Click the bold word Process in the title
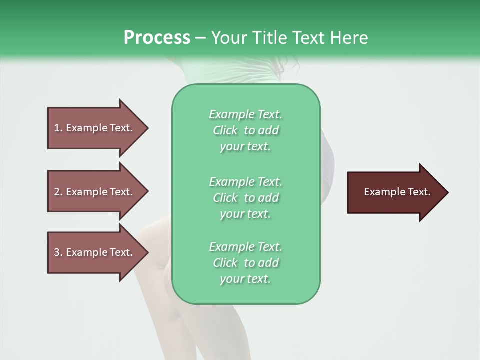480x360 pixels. [x=157, y=38]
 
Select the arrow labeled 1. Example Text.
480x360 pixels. [x=95, y=128]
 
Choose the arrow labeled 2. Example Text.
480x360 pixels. [x=95, y=192]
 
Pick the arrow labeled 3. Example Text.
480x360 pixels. [x=95, y=252]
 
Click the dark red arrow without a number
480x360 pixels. [x=395, y=192]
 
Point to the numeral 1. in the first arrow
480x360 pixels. [x=58, y=128]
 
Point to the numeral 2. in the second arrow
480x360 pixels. [x=58, y=192]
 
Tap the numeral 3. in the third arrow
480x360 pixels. [x=58, y=252]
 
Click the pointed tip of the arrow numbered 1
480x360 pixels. [x=147, y=128]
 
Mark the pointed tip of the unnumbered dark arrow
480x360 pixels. [x=447, y=192]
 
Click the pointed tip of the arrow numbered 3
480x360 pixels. [x=147, y=252]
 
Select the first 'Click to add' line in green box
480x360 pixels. [x=246, y=130]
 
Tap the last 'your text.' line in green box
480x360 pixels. [x=245, y=279]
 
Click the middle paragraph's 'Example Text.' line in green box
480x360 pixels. [x=245, y=182]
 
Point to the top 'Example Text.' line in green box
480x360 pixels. [x=245, y=114]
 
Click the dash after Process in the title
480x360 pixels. [x=200, y=38]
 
